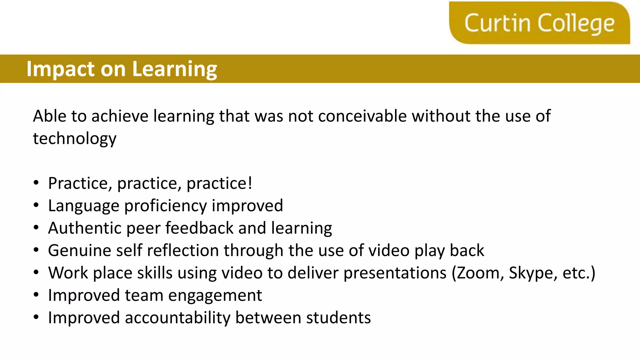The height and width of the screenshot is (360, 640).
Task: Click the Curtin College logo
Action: [539, 23]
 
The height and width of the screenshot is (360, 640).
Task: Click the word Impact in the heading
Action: [60, 69]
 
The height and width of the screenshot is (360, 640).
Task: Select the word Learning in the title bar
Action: [174, 69]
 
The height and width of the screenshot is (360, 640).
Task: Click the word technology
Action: [75, 139]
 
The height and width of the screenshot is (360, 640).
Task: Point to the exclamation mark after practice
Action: [250, 183]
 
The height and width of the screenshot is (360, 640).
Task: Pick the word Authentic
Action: [84, 228]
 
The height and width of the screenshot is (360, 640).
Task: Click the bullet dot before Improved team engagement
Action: [36, 295]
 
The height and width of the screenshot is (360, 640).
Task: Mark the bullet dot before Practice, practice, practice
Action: [36, 183]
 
